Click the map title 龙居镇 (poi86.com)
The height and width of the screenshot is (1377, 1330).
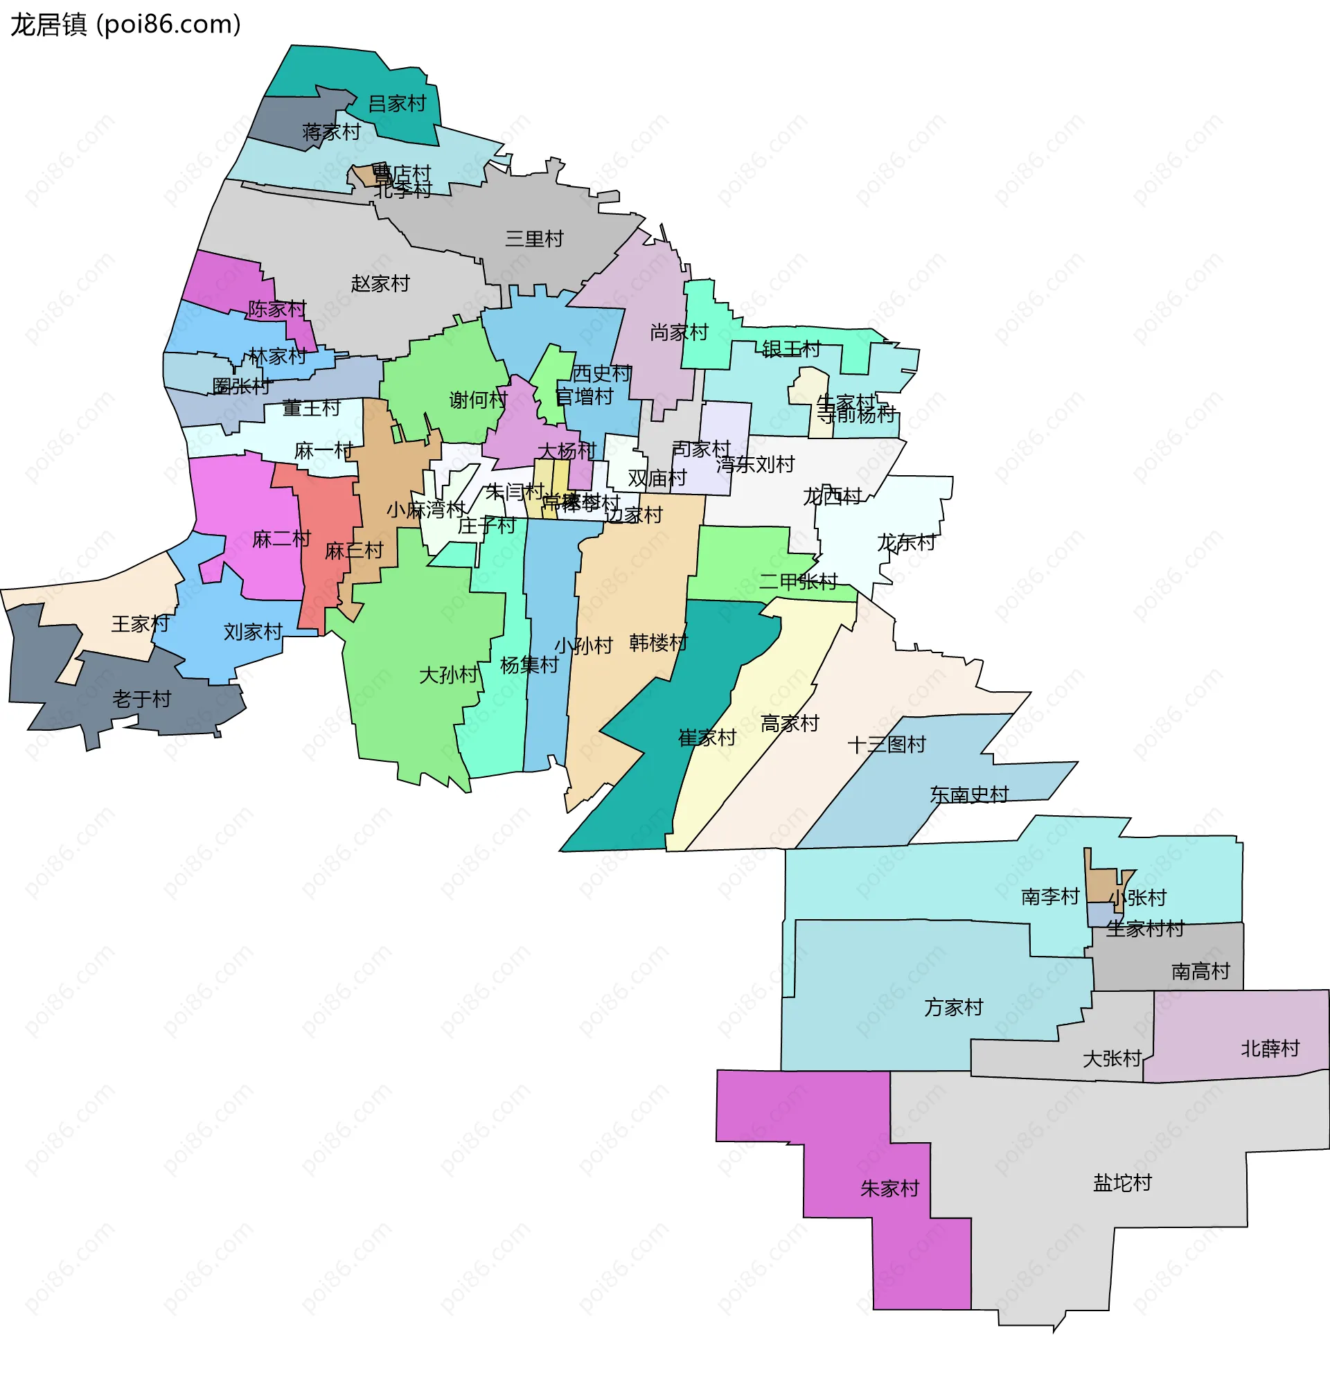(x=126, y=25)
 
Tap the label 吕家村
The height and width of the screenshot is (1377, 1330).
(x=397, y=104)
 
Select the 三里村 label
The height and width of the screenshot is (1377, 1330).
(x=534, y=239)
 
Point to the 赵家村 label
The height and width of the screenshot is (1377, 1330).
(x=380, y=284)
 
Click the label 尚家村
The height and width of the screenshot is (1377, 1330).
(x=679, y=332)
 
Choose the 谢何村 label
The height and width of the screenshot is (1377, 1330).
(x=478, y=400)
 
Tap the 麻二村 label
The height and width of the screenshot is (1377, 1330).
(x=281, y=540)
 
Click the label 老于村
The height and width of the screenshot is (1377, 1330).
(x=142, y=699)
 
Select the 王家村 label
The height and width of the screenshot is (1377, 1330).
(x=141, y=624)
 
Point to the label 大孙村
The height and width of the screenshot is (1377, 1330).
(x=448, y=675)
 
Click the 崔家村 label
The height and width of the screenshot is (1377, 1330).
(x=707, y=738)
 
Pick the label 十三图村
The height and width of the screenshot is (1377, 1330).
(x=887, y=745)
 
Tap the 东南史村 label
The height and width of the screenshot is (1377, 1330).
(x=969, y=794)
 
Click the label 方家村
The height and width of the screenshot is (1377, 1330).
(x=953, y=1007)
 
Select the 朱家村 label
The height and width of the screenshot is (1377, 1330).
(x=889, y=1189)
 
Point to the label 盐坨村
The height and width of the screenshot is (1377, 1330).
(x=1122, y=1183)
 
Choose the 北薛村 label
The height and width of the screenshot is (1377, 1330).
(x=1270, y=1049)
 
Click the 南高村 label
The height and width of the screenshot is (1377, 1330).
(x=1200, y=972)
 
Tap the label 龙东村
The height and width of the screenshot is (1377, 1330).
(x=905, y=542)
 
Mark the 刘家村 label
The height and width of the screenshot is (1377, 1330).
(x=252, y=632)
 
